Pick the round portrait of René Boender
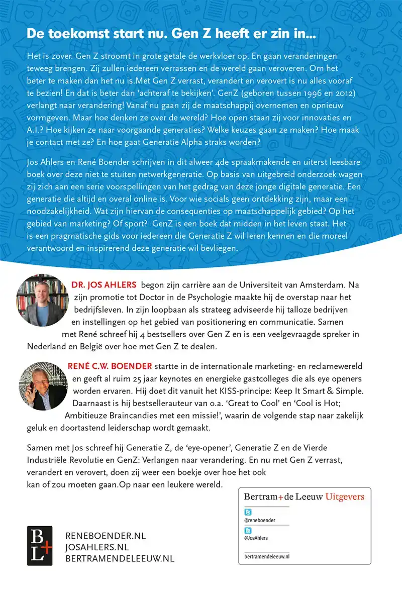pyautogui.click(x=42, y=382)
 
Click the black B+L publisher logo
pyautogui.click(x=40, y=545)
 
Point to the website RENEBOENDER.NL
pyautogui.click(x=106, y=536)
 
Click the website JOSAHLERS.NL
pyautogui.click(x=97, y=547)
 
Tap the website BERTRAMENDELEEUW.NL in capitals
pyautogui.click(x=120, y=558)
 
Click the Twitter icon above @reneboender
pyautogui.click(x=248, y=512)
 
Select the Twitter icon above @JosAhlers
pyautogui.click(x=248, y=530)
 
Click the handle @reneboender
pyautogui.click(x=260, y=521)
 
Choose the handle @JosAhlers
pyautogui.click(x=256, y=538)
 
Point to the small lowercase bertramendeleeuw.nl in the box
pyautogui.click(x=267, y=556)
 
